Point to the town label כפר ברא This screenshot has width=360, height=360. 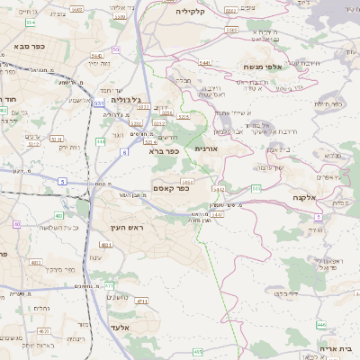165,151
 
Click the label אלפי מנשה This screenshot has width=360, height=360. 265,67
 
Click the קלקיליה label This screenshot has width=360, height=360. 190,11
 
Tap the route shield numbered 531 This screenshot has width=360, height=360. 98,103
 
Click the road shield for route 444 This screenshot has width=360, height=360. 101,141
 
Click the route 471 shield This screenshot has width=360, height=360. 108,285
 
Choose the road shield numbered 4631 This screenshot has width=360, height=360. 106,244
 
